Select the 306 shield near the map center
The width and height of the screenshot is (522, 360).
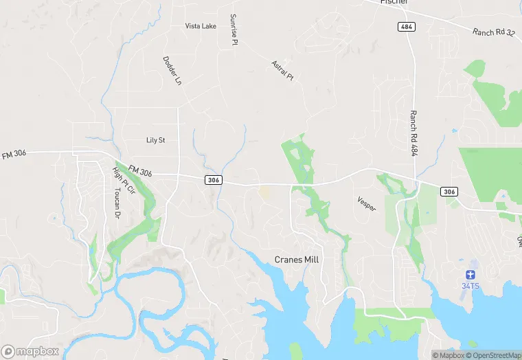point(213,179)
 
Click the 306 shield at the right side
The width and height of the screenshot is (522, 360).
point(449,191)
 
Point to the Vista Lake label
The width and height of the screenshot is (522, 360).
point(201,26)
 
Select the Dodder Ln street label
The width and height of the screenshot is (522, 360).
point(172,71)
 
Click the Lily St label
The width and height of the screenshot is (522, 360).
point(156,140)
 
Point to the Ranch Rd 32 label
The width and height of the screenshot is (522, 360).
point(493,32)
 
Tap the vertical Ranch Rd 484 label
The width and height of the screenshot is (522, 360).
point(413,133)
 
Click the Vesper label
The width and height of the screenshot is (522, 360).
point(367,203)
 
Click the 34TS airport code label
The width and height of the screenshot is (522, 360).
point(470,285)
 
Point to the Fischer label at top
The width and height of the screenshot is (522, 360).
point(394,2)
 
